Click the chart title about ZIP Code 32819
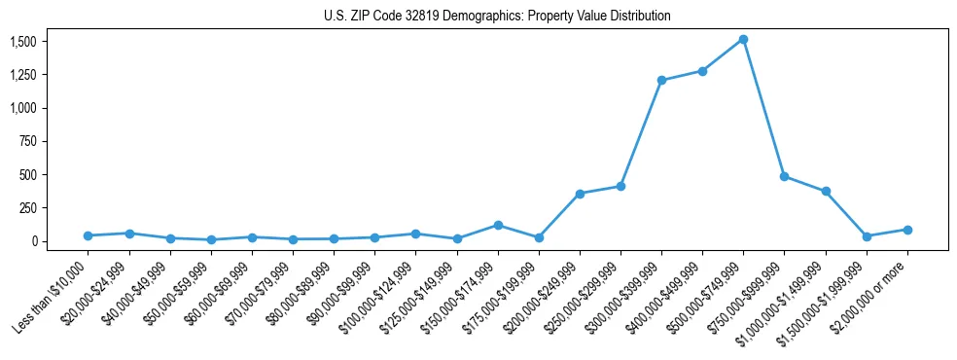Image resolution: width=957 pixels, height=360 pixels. click(x=497, y=17)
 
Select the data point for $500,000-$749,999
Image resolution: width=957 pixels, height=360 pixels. click(x=743, y=39)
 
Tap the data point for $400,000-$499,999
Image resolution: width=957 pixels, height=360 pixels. click(x=702, y=71)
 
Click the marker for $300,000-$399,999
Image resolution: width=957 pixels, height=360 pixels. click(x=661, y=80)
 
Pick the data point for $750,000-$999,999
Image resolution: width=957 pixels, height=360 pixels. click(x=784, y=176)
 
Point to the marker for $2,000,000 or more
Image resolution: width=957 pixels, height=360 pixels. click(x=907, y=230)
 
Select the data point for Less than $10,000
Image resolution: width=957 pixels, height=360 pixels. click(x=89, y=235)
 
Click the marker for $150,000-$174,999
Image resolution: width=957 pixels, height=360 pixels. click(x=498, y=225)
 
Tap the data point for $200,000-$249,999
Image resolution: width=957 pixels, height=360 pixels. click(x=580, y=194)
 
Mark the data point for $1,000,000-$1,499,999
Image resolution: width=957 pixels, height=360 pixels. click(x=826, y=191)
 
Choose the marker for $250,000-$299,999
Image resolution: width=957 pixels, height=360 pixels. click(x=620, y=186)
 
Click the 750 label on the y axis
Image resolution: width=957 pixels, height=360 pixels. click(x=27, y=141)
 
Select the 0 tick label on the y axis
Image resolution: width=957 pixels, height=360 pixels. click(x=34, y=241)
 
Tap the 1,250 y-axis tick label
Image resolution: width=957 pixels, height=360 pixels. click(x=23, y=75)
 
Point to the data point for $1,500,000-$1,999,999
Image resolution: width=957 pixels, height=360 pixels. click(x=867, y=236)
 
